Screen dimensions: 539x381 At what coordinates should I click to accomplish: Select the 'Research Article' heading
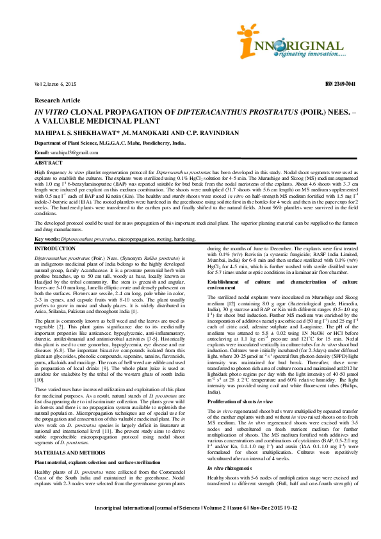point(58,100)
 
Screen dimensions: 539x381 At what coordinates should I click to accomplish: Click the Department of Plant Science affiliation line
point(109,144)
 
